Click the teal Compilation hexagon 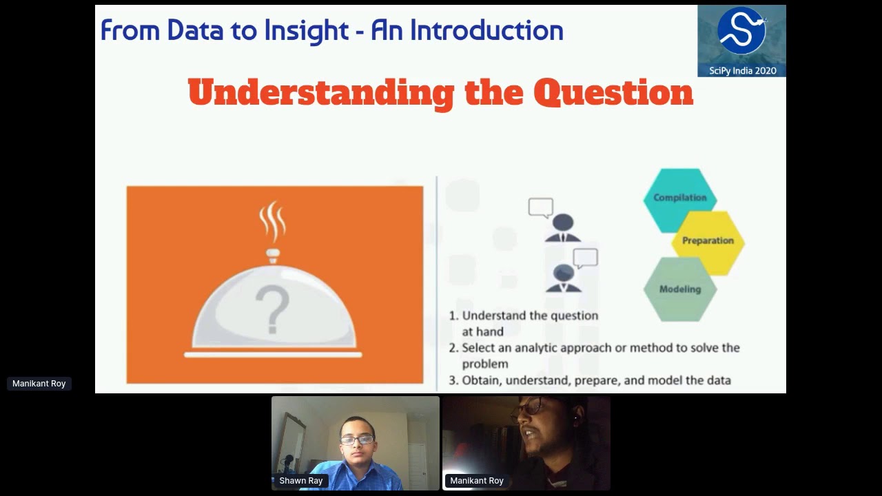click(x=679, y=198)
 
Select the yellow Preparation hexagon click(x=708, y=241)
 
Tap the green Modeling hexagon click(x=679, y=289)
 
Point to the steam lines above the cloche click(x=272, y=220)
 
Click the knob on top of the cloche click(x=274, y=256)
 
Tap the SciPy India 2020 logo click(x=741, y=40)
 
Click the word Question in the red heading click(x=613, y=92)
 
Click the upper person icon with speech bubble click(x=561, y=224)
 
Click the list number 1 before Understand click(x=453, y=316)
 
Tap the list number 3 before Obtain click(x=453, y=380)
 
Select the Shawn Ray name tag click(x=300, y=481)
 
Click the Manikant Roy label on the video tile click(x=477, y=481)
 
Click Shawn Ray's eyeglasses click(x=357, y=440)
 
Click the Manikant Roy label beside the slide click(x=39, y=384)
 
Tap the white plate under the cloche click(x=273, y=355)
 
